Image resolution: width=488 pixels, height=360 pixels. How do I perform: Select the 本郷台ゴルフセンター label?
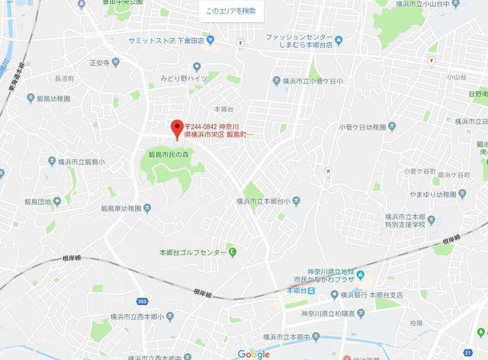point(192,252)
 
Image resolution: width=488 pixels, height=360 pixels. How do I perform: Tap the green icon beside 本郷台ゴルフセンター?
point(233,252)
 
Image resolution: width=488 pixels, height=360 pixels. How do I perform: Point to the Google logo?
point(253,353)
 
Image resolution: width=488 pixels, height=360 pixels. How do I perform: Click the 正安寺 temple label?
point(100,63)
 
